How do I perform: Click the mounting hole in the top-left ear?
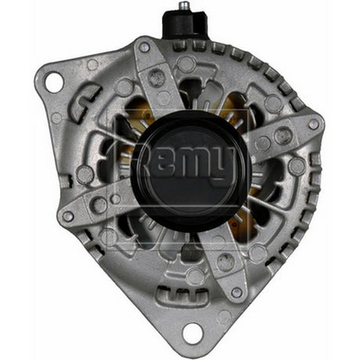[x=53, y=81]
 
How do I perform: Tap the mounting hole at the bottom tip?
[x=192, y=332]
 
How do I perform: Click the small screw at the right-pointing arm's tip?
[x=314, y=124]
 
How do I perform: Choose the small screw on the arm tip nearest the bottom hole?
[x=236, y=293]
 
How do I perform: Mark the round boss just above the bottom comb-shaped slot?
[x=195, y=276]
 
